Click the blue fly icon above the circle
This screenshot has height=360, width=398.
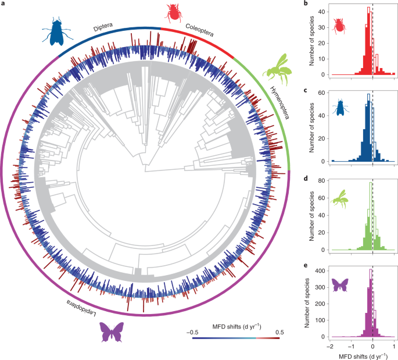click(x=56, y=31)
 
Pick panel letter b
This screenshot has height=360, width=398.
click(x=307, y=5)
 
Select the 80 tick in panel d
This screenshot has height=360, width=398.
click(x=323, y=181)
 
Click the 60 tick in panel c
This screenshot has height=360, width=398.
click(x=323, y=93)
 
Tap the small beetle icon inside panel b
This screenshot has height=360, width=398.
click(x=339, y=25)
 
